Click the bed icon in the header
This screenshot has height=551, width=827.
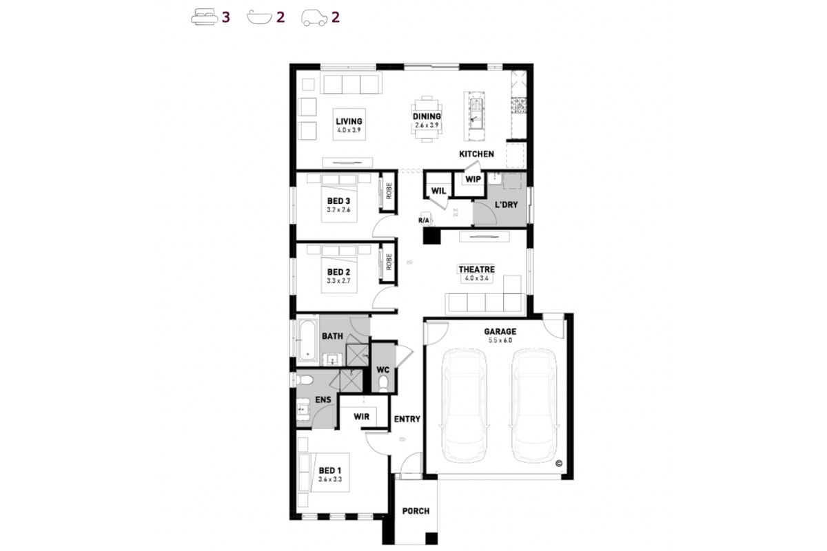click(204, 18)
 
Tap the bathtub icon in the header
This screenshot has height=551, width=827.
click(259, 17)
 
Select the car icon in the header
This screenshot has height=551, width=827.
click(314, 18)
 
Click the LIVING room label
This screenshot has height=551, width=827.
click(349, 121)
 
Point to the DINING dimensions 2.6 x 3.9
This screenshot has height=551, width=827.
click(427, 125)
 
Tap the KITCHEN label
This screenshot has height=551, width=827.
click(476, 154)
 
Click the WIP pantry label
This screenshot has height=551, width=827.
click(473, 179)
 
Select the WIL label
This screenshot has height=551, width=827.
click(438, 191)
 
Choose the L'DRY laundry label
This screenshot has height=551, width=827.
click(506, 205)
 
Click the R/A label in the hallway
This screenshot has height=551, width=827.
click(424, 220)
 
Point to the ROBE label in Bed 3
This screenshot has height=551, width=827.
click(389, 191)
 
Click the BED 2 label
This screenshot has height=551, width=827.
click(338, 272)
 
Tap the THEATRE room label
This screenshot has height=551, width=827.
click(477, 269)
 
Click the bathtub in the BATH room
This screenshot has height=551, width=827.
click(308, 340)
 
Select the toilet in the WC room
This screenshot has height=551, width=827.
click(384, 384)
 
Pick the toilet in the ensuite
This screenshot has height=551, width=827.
click(305, 380)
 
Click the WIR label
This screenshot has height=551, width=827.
click(361, 417)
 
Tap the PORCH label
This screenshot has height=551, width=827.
click(416, 511)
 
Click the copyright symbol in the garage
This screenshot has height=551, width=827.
click(559, 464)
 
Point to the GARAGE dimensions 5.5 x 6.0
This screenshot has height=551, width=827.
click(500, 340)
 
